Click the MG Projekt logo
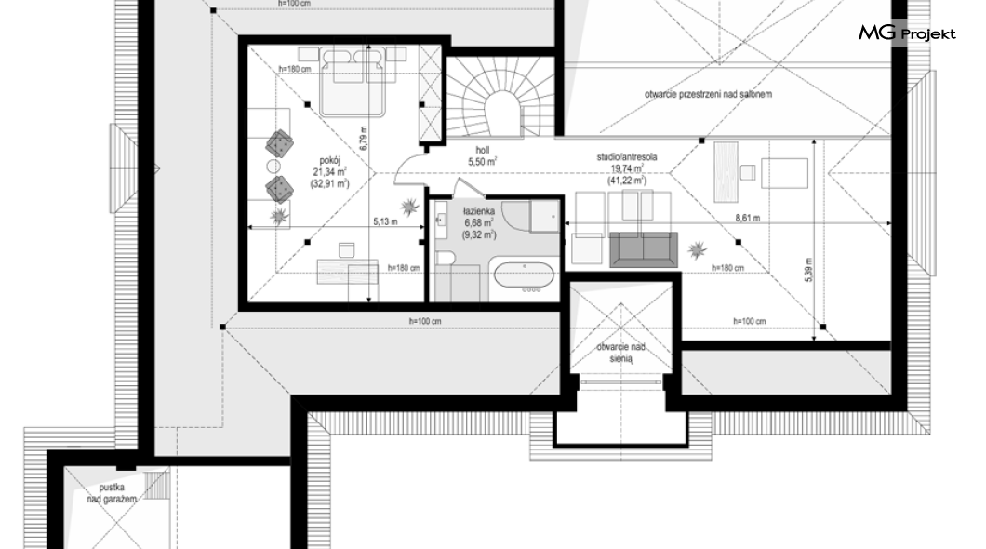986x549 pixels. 907,33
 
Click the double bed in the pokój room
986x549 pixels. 353,83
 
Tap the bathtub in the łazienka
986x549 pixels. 524,276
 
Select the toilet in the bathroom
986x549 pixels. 446,257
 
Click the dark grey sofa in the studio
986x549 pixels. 644,249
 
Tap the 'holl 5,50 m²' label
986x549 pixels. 483,156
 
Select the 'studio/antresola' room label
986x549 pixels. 626,156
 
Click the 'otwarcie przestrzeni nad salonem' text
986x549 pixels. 708,94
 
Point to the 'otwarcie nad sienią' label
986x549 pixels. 620,353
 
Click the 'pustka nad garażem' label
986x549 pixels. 112,493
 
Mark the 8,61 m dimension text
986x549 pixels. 748,219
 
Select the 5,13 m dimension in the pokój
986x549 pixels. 385,221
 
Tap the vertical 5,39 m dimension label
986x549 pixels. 808,269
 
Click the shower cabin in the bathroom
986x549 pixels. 544,216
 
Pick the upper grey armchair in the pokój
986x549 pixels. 279,144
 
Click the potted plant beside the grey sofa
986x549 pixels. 697,250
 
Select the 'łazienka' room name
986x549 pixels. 479,211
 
